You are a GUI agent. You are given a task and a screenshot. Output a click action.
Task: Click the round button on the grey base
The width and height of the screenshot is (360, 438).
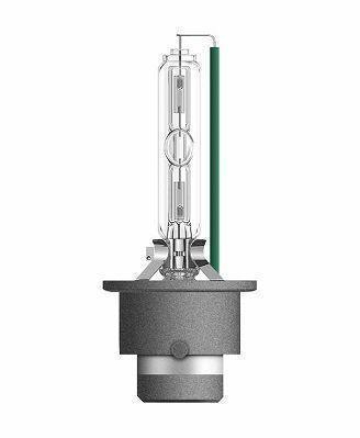pyautogui.click(x=179, y=349)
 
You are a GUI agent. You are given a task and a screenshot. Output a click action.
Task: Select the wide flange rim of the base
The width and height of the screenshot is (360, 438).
pyautogui.click(x=179, y=285)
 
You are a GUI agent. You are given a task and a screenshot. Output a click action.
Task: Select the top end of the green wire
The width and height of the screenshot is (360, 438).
pyautogui.click(x=214, y=48)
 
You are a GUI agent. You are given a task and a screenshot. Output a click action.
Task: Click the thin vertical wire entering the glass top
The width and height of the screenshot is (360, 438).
pyautogui.click(x=178, y=43)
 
